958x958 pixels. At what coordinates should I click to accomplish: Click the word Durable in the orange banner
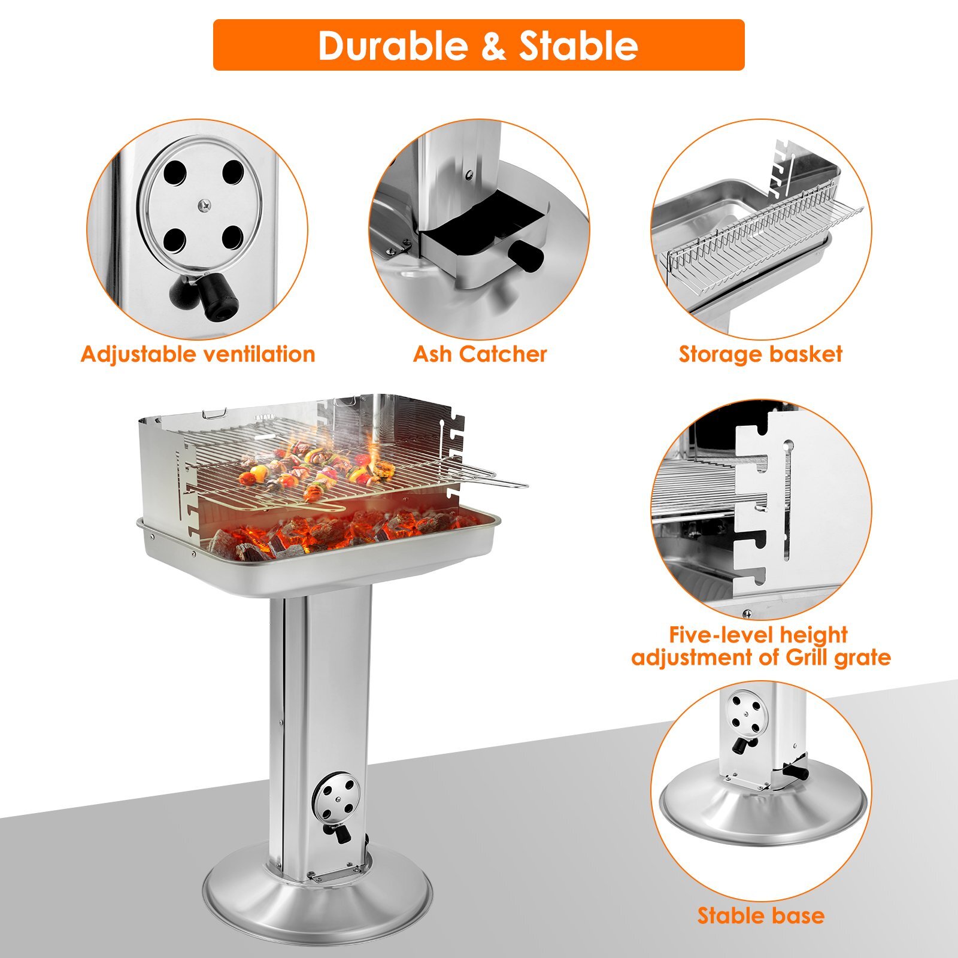[x=392, y=46]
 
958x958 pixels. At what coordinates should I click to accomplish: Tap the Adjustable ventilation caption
[x=198, y=354]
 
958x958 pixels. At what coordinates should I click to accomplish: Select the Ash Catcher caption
[x=480, y=354]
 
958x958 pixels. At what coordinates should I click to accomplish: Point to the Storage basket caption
[x=760, y=354]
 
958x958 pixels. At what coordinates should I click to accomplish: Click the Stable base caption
[x=760, y=915]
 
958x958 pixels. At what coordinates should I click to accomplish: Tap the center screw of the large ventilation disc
[x=205, y=205]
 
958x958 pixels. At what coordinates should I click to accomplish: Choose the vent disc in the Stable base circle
[x=745, y=715]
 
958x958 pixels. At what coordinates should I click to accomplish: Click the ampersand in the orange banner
[x=493, y=46]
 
